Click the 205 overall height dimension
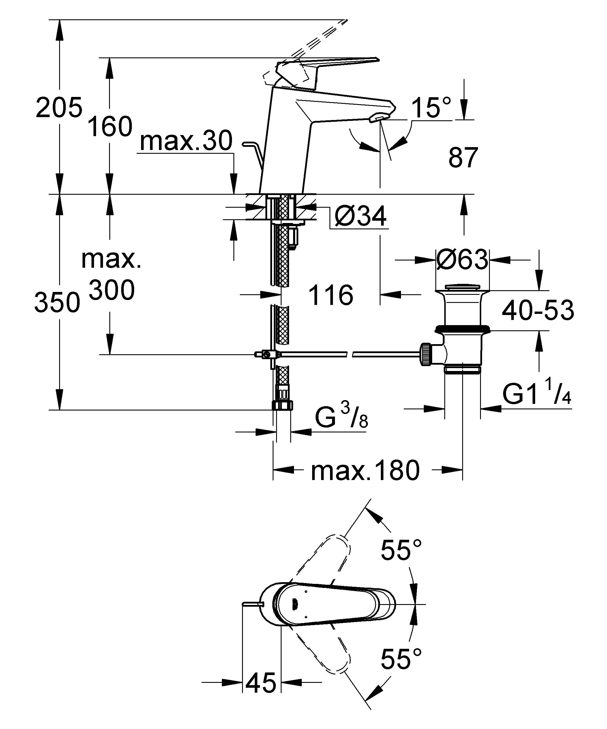[59, 108]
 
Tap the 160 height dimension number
[110, 127]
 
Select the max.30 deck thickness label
[186, 142]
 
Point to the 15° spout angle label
[431, 108]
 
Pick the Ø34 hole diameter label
[360, 217]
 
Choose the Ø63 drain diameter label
[462, 260]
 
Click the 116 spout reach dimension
[331, 295]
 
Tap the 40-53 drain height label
[537, 311]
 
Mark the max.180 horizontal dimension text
[365, 471]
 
